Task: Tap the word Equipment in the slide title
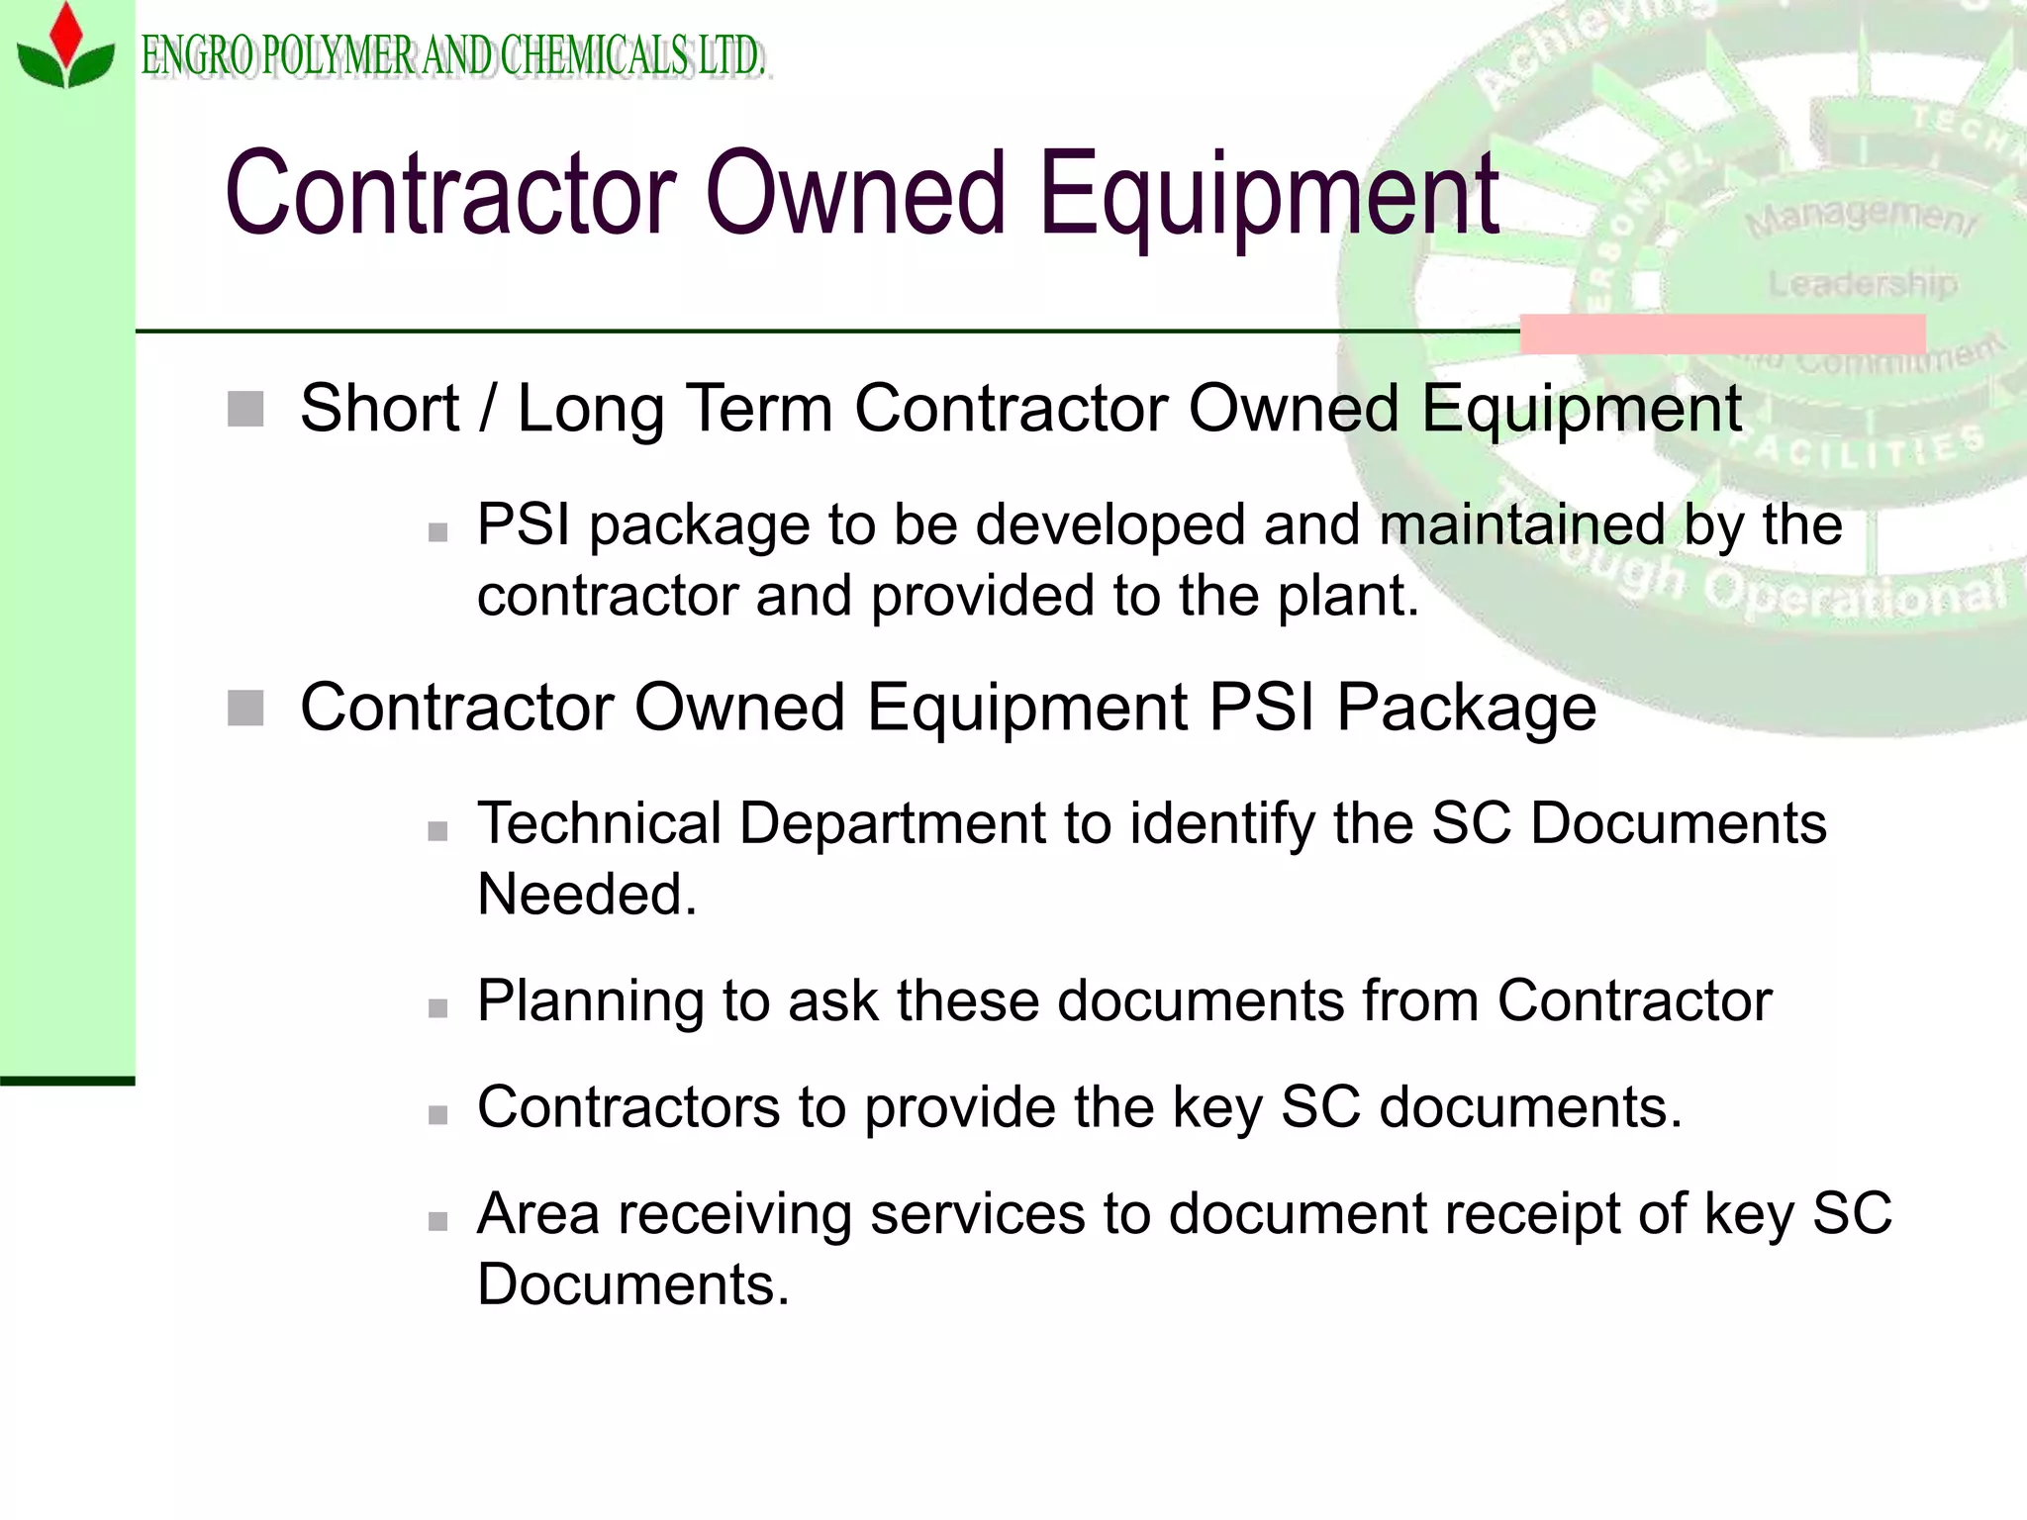[1269, 194]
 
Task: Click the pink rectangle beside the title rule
[1722, 333]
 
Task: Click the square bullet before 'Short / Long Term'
[245, 409]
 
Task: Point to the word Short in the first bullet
[379, 409]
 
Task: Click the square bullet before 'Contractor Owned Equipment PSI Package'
[245, 709]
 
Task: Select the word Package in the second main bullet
[1466, 709]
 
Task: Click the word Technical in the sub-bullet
[599, 823]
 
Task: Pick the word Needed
[587, 895]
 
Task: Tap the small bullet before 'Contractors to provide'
[437, 1115]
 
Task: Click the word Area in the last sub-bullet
[537, 1213]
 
